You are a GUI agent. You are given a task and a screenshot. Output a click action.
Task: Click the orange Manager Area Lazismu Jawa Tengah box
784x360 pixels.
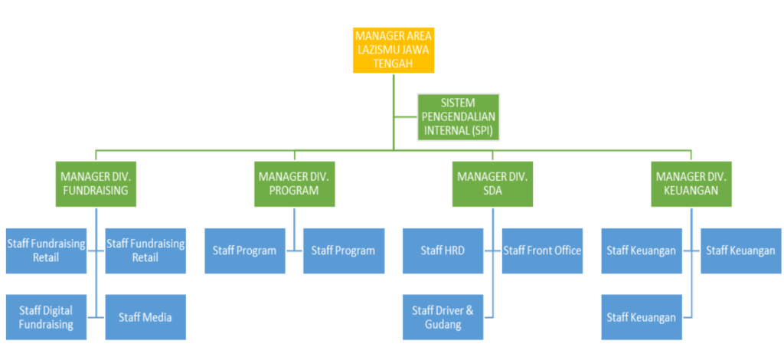pyautogui.click(x=393, y=50)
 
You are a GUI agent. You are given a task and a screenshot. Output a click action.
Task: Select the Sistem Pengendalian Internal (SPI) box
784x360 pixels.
pyautogui.click(x=458, y=117)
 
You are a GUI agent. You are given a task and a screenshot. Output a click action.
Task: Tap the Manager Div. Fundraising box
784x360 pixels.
pyautogui.click(x=96, y=184)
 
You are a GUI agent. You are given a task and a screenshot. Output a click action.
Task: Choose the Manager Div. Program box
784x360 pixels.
pyautogui.click(x=294, y=184)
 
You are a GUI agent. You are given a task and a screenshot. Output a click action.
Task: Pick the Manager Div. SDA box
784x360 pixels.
pyautogui.click(x=492, y=184)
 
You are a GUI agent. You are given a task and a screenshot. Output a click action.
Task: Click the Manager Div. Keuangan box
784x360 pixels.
pyautogui.click(x=691, y=184)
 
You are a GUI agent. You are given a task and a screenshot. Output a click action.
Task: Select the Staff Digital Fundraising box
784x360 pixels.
pyautogui.click(x=46, y=317)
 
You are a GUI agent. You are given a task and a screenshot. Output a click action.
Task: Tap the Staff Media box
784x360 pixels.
pyautogui.click(x=145, y=317)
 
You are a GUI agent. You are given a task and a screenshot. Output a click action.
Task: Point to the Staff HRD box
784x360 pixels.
pyautogui.click(x=443, y=250)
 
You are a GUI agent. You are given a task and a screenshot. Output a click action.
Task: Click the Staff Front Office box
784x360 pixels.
pyautogui.click(x=542, y=250)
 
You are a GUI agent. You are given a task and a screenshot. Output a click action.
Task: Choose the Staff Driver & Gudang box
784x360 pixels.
pyautogui.click(x=443, y=317)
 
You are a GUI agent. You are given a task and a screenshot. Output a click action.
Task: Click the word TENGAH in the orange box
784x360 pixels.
pyautogui.click(x=393, y=64)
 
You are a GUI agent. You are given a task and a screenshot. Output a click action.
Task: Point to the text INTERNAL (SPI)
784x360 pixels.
pyautogui.click(x=458, y=131)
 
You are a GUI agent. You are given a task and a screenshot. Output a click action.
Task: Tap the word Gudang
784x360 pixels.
pyautogui.click(x=443, y=325)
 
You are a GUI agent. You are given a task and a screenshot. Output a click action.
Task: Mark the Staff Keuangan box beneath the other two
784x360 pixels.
pyautogui.click(x=641, y=317)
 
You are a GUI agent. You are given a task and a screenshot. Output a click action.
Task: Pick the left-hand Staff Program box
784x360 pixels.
pyautogui.click(x=244, y=250)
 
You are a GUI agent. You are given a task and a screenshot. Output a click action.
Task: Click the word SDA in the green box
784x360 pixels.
pyautogui.click(x=492, y=191)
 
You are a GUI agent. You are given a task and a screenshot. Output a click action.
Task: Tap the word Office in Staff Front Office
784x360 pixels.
pyautogui.click(x=565, y=250)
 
